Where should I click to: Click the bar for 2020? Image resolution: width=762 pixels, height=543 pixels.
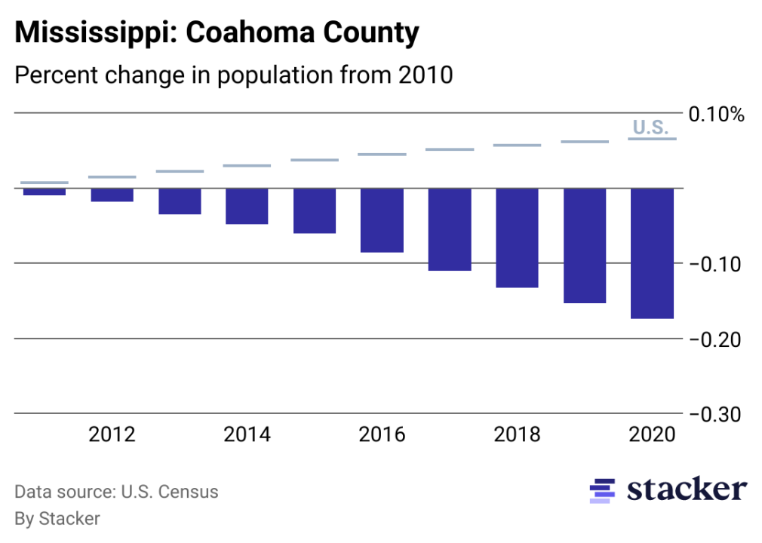(652, 253)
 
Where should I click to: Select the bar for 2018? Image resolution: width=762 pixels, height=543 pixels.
(517, 238)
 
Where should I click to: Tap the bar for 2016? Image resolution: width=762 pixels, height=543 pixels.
(382, 220)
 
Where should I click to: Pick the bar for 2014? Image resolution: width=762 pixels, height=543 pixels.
(247, 206)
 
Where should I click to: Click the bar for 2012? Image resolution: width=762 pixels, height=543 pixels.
(112, 195)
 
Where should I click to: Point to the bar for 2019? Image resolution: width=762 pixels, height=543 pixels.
(585, 245)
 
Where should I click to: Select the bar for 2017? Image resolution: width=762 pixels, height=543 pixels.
(450, 229)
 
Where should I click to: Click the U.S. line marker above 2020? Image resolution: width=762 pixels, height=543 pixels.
(652, 139)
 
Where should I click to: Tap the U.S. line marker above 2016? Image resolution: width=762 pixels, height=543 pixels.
(382, 155)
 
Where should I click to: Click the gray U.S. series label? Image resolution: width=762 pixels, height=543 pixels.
(650, 127)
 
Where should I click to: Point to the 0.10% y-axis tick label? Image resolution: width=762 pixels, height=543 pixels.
(716, 115)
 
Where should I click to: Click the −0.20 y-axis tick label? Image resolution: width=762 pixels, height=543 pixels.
(716, 340)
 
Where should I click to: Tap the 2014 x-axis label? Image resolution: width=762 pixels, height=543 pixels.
(247, 435)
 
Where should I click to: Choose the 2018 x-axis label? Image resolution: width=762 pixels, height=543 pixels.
(517, 435)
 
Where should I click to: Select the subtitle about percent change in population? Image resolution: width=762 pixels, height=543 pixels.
(234, 75)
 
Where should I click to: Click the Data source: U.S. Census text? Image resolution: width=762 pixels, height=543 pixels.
(117, 492)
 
